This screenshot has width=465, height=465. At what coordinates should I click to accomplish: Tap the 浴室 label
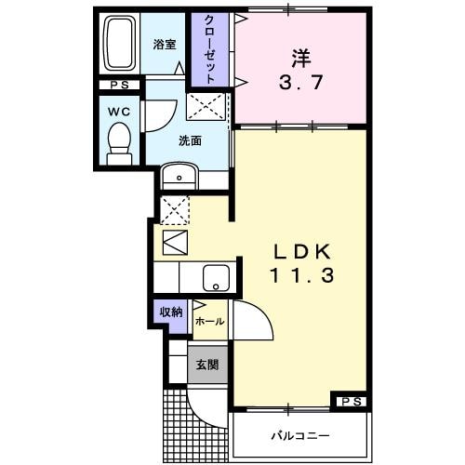coord(166,43)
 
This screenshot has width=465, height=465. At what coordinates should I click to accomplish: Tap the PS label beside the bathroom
coord(118,86)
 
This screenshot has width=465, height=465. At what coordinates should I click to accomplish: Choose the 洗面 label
coord(190,140)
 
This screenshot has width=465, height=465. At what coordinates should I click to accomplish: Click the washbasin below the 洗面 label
coord(179,176)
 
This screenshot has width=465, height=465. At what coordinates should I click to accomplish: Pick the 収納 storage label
coord(170,312)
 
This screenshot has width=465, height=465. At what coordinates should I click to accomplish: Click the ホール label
coord(209,321)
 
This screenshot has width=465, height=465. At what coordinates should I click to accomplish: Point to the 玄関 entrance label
coord(207,365)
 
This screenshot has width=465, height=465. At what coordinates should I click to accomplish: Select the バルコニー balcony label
coord(300,434)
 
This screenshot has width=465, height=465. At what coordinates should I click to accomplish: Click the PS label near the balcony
coord(351,401)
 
